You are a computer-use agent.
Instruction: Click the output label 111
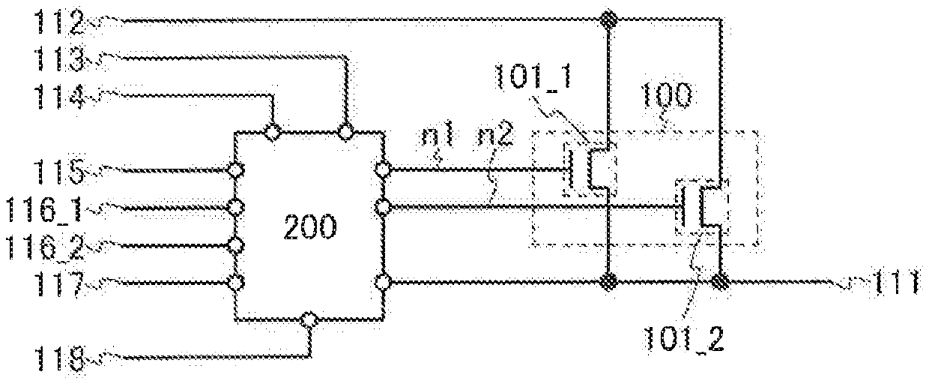(x=896, y=283)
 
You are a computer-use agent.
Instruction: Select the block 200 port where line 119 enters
(x=309, y=320)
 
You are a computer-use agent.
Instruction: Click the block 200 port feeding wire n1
(x=383, y=170)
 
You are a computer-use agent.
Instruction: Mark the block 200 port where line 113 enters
(x=346, y=133)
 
